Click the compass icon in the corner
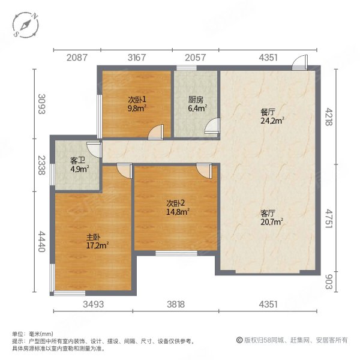26,25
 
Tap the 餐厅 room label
268,112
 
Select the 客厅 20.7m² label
272,218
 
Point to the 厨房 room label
196,100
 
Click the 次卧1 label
137,100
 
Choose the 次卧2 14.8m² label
178,208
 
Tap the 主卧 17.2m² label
97,241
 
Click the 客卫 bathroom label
77,160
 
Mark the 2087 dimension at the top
77,58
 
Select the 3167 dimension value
137,58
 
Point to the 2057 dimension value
196,58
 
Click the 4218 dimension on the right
329,117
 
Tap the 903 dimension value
329,282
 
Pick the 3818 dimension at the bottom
176,304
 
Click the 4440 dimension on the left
41,242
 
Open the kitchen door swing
212,125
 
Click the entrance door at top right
299,62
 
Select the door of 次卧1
155,132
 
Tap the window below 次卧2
176,253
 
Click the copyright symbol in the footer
239,340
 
